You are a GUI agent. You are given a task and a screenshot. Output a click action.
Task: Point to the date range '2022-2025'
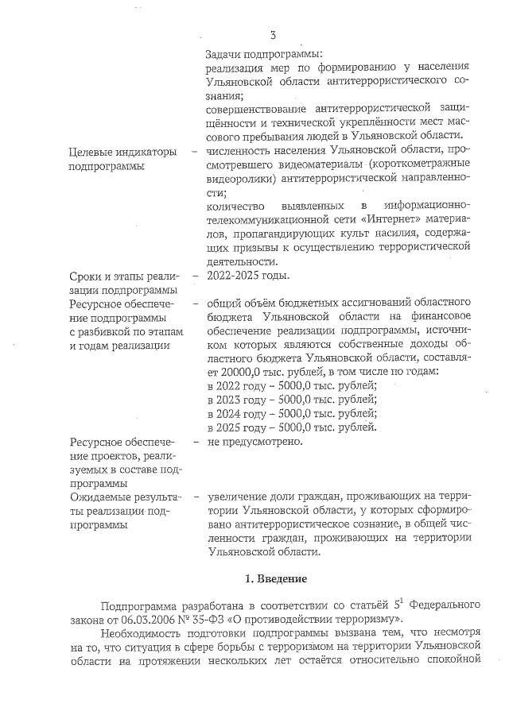coord(230,276)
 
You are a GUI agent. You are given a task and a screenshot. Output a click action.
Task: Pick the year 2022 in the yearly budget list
coord(227,385)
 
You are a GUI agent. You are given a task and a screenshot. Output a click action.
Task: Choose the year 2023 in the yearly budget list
coord(227,400)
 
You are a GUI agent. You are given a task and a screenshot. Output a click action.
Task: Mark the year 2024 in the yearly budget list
coord(227,414)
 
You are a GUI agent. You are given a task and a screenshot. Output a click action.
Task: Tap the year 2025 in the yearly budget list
coord(227,428)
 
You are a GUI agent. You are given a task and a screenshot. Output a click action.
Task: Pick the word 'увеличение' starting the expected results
coord(235,497)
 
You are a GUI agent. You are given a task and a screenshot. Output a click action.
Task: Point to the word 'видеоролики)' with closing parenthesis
coord(239,179)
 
